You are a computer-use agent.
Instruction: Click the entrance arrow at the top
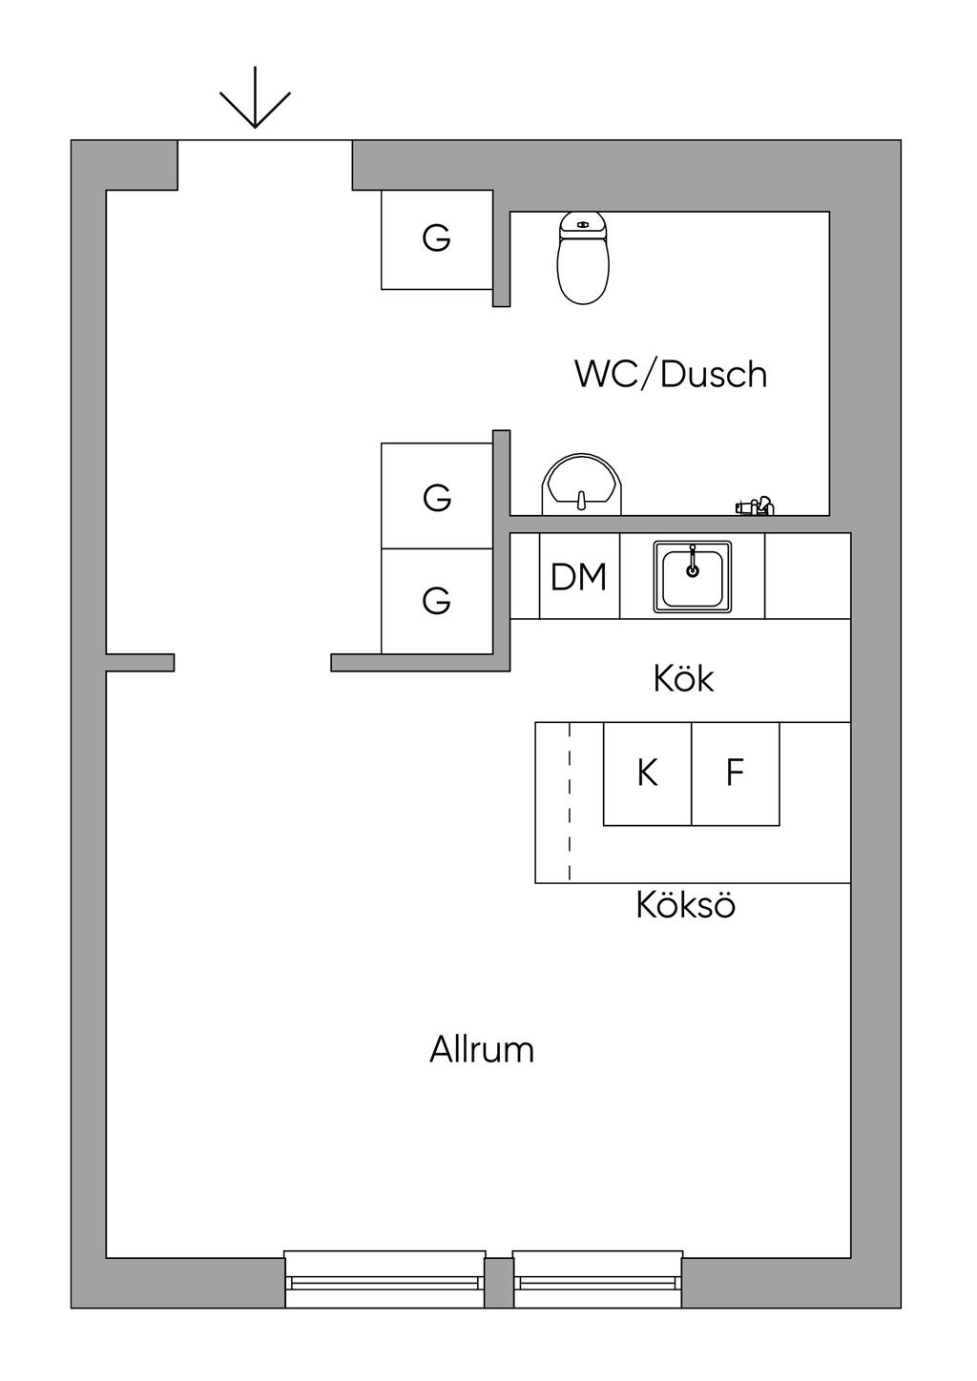255,99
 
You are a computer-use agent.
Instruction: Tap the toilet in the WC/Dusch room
583,259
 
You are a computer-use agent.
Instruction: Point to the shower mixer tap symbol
755,505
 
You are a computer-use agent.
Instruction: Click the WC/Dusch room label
670,374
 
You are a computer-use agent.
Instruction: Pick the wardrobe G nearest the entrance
436,238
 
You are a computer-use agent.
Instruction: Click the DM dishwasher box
579,576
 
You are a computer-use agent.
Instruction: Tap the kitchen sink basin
692,578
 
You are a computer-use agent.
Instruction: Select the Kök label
683,678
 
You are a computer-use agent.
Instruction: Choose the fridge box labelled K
647,773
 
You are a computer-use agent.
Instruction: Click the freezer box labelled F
735,773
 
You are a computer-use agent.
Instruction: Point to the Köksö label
685,904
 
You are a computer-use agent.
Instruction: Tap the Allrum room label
481,1049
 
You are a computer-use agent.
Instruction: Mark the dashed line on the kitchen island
570,801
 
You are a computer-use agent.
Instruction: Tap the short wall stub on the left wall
139,662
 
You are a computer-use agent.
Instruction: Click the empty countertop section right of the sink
807,576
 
